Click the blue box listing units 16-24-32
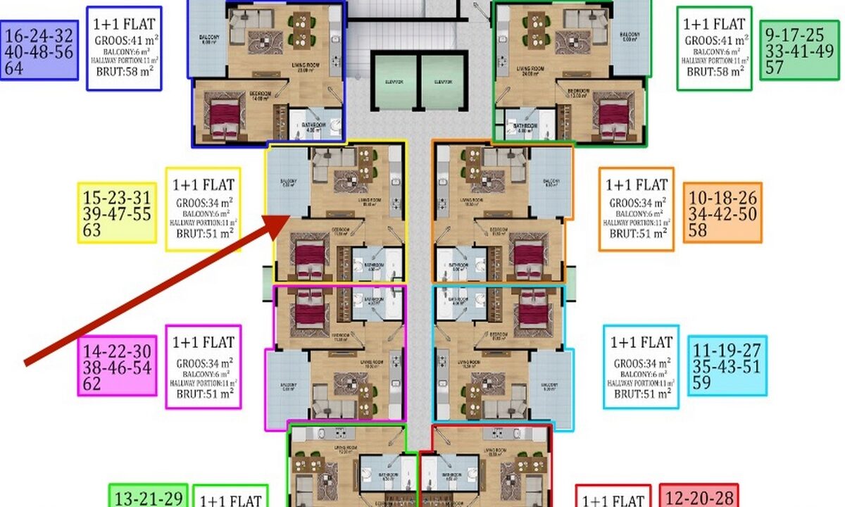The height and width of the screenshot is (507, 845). pos(39,50)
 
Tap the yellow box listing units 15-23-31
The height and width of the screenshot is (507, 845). pos(117,213)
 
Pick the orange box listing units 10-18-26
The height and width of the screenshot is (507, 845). pos(722,212)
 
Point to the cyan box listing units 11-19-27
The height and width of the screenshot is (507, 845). pos(727,365)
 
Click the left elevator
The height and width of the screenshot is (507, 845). pos(395,82)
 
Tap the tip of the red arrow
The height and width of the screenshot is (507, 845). pos(288,216)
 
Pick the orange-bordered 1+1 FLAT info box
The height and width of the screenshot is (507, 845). pos(636,209)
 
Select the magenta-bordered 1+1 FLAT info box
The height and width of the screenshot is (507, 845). pos(204,366)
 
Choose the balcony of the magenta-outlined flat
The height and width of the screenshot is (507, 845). pos(287,386)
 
